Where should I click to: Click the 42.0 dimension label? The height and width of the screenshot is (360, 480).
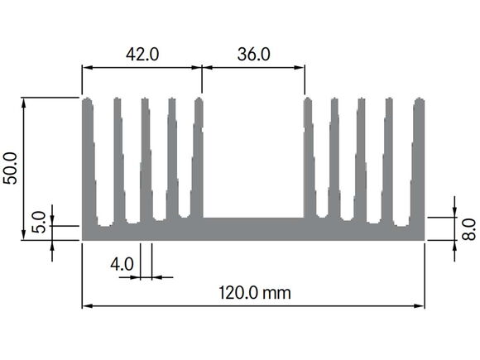point(142,55)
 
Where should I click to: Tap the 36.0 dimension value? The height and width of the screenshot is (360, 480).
point(254,55)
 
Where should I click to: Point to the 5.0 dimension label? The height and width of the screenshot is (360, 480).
point(39,223)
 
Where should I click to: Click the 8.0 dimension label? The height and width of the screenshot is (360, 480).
point(468,229)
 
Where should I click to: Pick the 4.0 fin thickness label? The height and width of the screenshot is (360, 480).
point(122,264)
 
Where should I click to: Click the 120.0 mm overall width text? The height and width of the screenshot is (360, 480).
point(255,293)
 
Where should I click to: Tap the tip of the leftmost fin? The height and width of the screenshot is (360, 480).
point(88,98)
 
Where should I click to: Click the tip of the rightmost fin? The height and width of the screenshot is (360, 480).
point(420,98)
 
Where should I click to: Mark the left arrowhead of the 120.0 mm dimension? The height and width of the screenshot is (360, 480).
point(87,306)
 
